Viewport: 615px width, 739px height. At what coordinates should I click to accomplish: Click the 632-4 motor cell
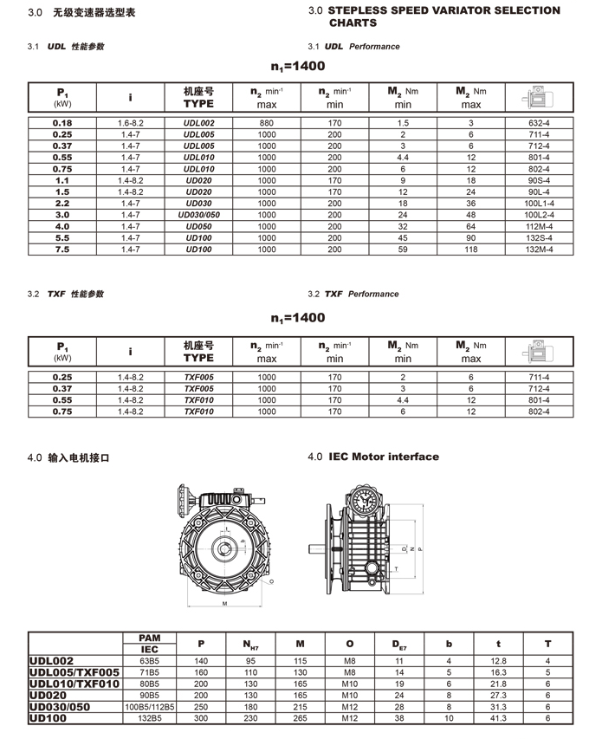tap(540, 123)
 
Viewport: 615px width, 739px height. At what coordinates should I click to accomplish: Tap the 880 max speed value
tap(267, 123)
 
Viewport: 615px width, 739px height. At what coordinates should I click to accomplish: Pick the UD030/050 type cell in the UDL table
tap(198, 214)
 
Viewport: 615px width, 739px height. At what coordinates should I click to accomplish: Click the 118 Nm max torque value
tap(471, 250)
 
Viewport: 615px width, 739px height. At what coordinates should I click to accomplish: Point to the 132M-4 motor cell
tap(540, 250)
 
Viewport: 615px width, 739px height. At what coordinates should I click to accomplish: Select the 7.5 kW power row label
tap(62, 250)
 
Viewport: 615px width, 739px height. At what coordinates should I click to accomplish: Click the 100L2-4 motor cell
tap(540, 214)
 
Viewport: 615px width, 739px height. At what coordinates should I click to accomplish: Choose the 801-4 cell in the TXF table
tap(540, 401)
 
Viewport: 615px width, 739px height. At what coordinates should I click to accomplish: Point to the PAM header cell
tap(149, 638)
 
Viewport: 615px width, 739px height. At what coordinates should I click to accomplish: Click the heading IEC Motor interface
tap(384, 457)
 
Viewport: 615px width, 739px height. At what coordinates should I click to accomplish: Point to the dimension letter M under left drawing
tap(223, 603)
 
